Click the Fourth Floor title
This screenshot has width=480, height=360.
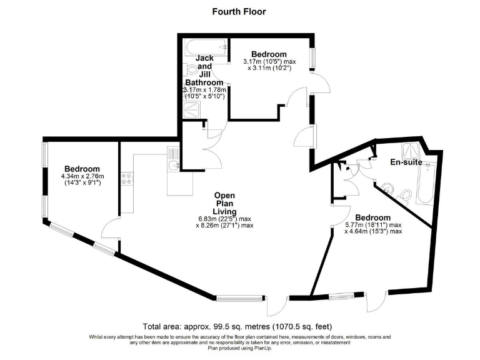(239, 11)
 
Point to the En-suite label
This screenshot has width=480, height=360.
(406, 162)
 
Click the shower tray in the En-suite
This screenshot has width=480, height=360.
(411, 149)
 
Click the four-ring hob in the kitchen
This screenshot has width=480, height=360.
(127, 179)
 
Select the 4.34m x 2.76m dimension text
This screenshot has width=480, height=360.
(82, 177)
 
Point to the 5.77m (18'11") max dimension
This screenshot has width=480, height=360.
(373, 224)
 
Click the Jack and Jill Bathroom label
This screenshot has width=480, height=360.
(204, 70)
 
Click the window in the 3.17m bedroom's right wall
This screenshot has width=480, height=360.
(313, 56)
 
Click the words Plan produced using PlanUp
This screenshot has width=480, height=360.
(240, 348)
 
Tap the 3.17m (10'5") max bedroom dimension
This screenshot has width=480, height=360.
(269, 61)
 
